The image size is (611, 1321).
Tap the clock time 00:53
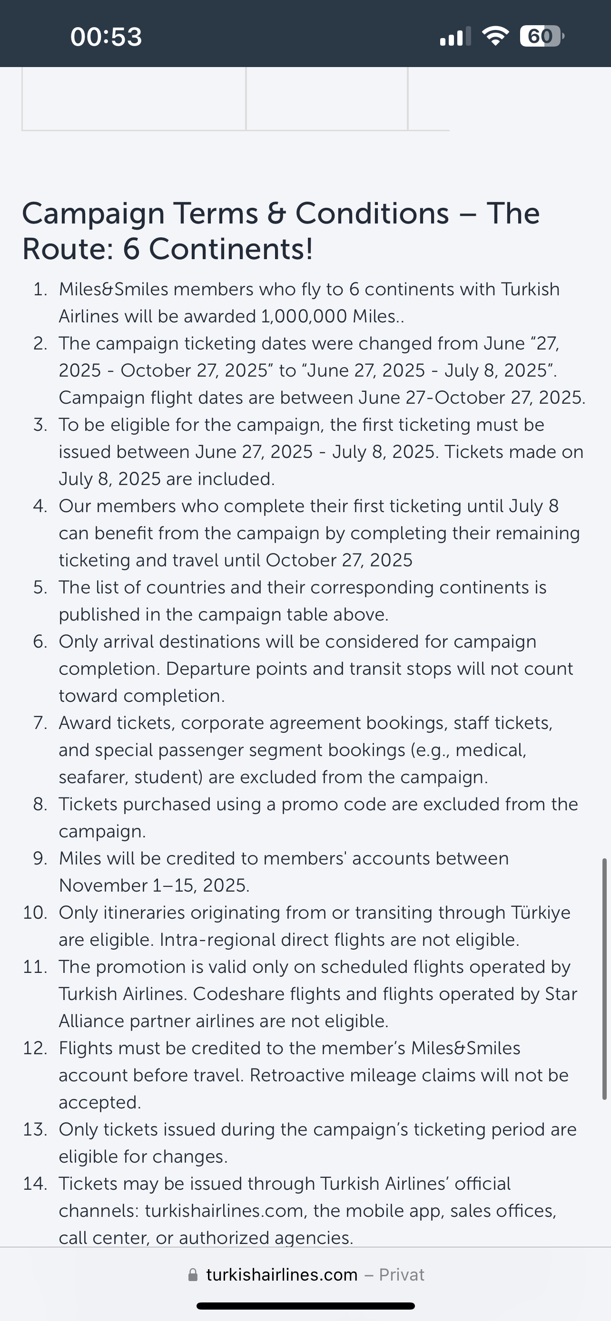coord(106,37)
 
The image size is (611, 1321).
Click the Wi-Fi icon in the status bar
coord(495,36)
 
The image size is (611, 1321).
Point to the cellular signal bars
coord(455,37)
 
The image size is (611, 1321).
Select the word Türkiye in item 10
coord(540,913)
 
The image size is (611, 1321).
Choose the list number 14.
coord(35,1184)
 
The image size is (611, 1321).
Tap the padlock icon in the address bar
coord(193,1275)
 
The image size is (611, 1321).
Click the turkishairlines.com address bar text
coord(282,1275)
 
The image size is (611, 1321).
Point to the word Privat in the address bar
coord(401,1275)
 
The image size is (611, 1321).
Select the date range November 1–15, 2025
coord(154,885)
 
